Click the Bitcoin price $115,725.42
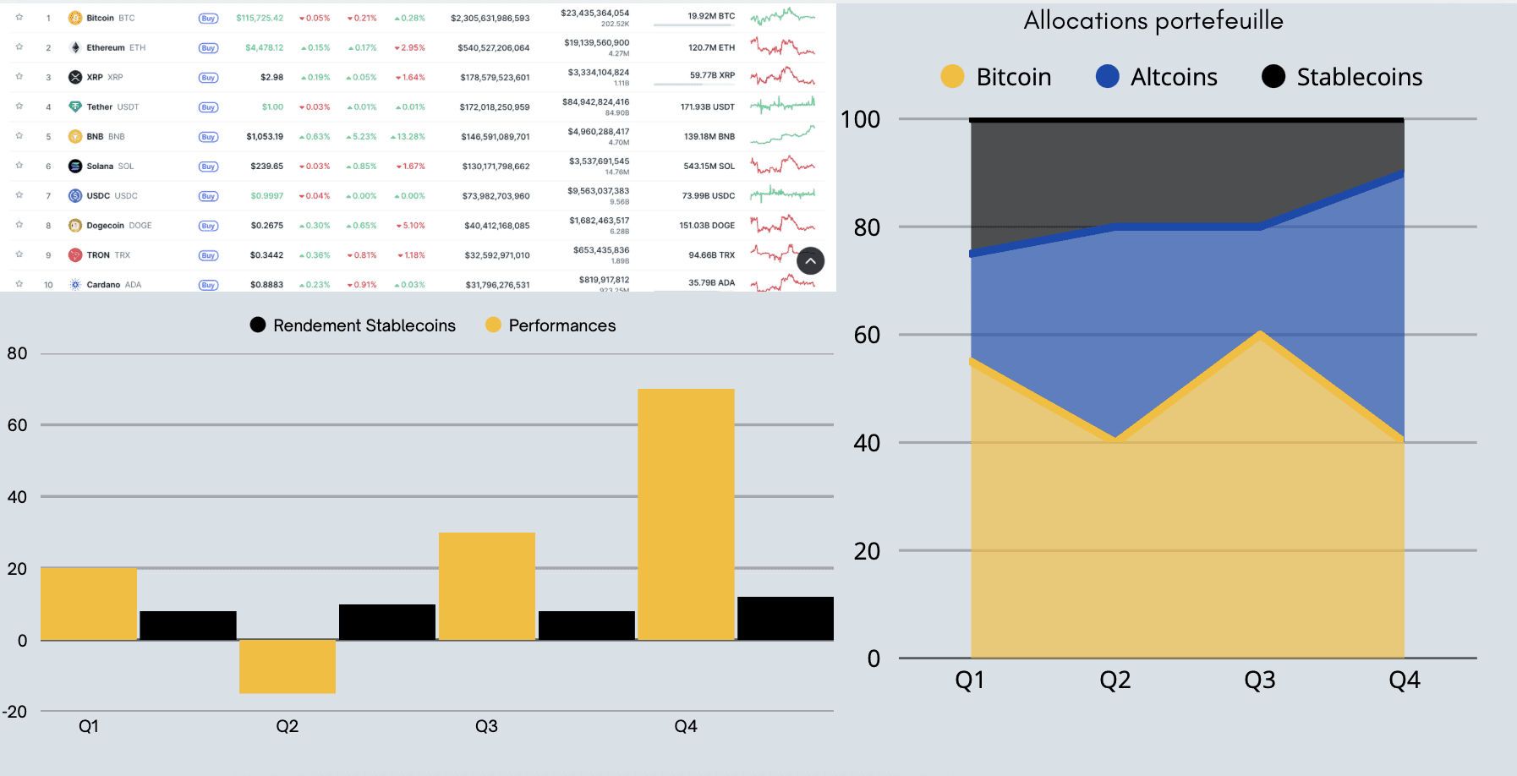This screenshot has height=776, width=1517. point(260,18)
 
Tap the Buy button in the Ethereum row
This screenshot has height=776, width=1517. point(208,48)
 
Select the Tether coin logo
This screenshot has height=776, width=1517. point(75,107)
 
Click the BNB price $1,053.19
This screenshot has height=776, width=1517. point(265,136)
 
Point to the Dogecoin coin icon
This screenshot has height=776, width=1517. point(75,226)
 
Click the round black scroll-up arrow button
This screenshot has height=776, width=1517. point(810,261)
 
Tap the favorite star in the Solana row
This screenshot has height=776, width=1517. point(19,166)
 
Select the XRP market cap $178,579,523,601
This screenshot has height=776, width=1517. point(495,78)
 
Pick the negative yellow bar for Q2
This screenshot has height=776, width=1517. point(288,666)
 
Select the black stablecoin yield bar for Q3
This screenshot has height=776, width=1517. point(586,626)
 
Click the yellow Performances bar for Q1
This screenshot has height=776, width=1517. point(89,604)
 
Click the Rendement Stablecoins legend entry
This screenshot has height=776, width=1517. point(353,325)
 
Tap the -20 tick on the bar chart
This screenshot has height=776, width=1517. point(15,712)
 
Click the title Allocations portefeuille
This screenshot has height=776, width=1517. point(1153,21)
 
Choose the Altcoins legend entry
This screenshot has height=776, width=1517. point(1157,77)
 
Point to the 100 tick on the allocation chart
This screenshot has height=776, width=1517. point(861,119)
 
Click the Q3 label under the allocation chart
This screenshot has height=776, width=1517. point(1260,680)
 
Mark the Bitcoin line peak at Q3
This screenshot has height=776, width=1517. point(1260,334)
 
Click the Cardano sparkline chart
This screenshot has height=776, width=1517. point(783,283)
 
